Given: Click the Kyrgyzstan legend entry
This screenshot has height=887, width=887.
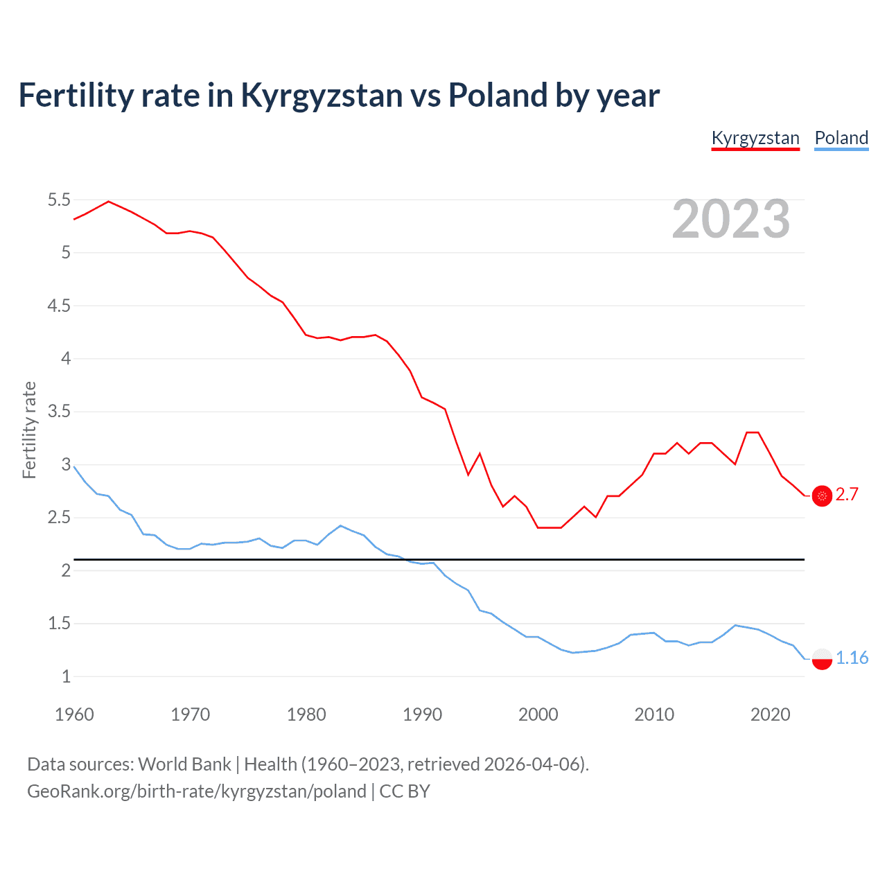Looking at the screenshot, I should (755, 138).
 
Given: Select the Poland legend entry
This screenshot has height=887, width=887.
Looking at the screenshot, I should (841, 138).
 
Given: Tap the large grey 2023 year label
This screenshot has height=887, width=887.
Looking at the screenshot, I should (731, 219).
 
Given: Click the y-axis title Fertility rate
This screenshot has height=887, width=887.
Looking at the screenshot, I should (29, 430).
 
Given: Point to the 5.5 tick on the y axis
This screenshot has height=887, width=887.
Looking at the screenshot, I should (59, 200).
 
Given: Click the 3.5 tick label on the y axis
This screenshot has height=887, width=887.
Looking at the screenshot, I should (59, 412).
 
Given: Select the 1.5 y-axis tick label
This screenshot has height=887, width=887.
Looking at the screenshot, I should (59, 624).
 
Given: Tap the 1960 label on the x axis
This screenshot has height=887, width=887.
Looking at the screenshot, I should (74, 714).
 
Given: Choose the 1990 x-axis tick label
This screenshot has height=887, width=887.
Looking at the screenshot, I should (422, 714).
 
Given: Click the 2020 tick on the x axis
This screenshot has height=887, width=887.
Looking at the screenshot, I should (770, 714).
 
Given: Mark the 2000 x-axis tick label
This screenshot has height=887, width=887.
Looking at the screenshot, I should (538, 714).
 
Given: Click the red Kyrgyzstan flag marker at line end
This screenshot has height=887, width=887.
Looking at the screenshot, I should (822, 495).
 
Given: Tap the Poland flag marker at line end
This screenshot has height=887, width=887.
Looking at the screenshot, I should (822, 658).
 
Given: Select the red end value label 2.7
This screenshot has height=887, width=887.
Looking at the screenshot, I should (847, 494).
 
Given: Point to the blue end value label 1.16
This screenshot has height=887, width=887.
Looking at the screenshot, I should (852, 658).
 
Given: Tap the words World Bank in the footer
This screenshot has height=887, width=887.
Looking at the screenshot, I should (184, 764).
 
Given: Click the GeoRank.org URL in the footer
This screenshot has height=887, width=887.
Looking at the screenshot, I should (197, 791).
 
